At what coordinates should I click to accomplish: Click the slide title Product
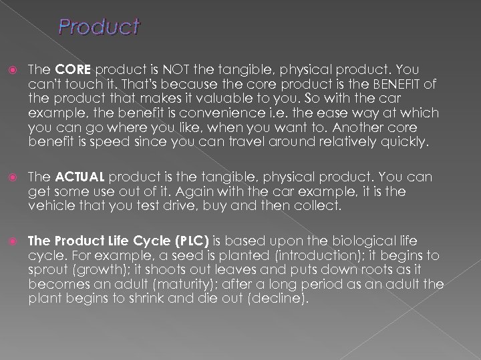click(x=99, y=27)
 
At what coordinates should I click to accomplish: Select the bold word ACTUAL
click(x=79, y=177)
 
